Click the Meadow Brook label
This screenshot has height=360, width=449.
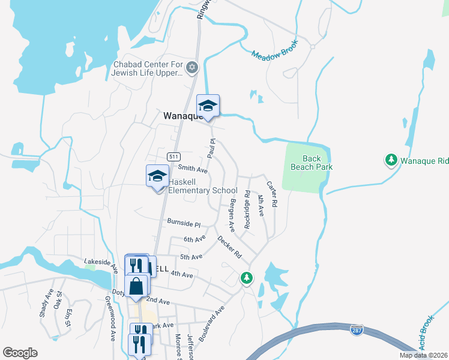[275, 53]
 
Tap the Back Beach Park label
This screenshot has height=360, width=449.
[312, 163]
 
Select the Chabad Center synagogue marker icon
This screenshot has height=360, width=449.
[192, 67]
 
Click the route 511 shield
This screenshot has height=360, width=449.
[173, 156]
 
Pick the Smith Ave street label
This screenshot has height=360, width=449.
[193, 170]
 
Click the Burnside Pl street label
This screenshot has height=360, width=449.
[184, 223]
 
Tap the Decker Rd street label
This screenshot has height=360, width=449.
[229, 246]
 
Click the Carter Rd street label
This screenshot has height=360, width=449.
[272, 194]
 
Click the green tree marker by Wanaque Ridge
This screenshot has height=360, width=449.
[391, 160]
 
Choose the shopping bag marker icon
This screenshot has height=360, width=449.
[136, 286]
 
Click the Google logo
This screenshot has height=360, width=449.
[20, 353]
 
